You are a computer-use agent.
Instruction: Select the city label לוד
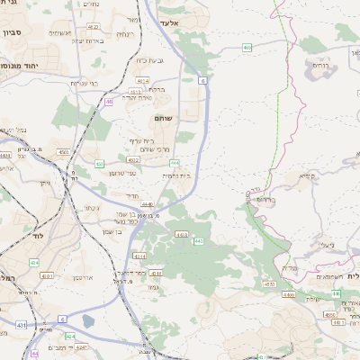pos(37,235)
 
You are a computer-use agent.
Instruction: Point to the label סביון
pos(12,32)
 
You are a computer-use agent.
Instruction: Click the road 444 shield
pos(175,163)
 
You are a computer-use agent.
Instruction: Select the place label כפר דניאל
pos(132,271)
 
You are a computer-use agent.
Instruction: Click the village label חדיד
pos(132,194)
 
